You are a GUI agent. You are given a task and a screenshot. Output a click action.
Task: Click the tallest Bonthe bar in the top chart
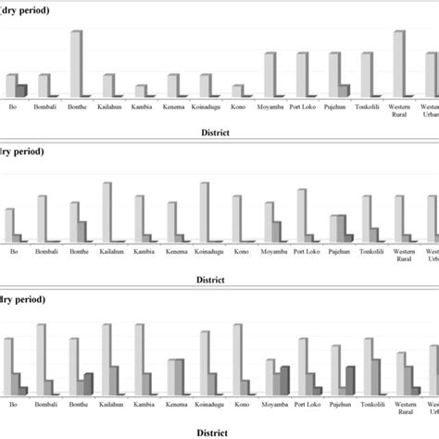tap(76, 63)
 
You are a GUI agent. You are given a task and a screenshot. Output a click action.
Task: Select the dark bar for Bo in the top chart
tap(21, 90)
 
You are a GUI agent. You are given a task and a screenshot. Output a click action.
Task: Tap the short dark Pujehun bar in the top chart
tap(345, 91)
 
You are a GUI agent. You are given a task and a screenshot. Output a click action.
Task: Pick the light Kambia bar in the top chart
tap(140, 91)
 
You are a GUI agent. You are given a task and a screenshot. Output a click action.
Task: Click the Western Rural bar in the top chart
tap(399, 63)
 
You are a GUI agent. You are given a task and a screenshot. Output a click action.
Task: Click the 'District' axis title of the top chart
tap(220, 132)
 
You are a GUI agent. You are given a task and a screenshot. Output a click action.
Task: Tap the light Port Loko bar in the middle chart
tap(301, 215)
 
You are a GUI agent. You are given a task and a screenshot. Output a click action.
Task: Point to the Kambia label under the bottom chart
tap(143, 405)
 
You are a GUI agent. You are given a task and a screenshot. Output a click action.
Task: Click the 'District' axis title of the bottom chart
tap(220, 432)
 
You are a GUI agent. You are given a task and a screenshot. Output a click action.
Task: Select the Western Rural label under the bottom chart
tap(405, 408)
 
